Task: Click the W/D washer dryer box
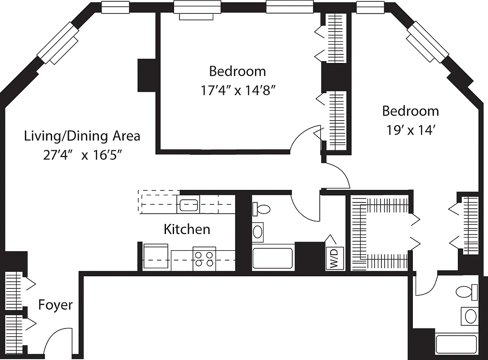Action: point(335,258)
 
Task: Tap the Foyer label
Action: point(55,305)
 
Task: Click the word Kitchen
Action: point(187,229)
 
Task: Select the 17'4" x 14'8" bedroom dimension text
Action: point(237,90)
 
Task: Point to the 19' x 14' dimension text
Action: point(410,130)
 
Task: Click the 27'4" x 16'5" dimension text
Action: point(83,155)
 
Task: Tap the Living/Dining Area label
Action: point(82,135)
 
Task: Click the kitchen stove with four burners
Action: point(204,259)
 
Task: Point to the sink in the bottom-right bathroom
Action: point(470,316)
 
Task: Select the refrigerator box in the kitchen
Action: point(156,257)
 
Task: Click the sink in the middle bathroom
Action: point(258,232)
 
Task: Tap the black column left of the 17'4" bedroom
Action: point(146,75)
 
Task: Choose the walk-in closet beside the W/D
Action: point(380,233)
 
